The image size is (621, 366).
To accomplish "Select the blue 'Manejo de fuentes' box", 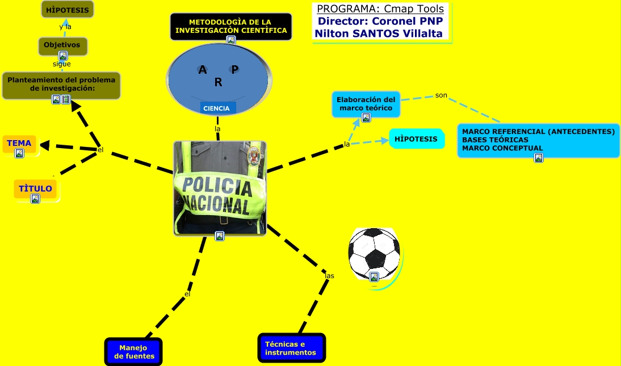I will point(134,352).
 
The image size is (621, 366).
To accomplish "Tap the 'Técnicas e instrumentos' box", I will point(292,348).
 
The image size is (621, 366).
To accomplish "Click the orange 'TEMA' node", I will point(19,144).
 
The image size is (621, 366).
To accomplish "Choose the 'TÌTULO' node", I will point(35,189).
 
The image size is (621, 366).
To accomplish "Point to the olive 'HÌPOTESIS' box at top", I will point(67,10).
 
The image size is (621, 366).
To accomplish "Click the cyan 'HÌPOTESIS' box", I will point(416,138).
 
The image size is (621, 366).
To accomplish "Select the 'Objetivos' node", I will point(62,45).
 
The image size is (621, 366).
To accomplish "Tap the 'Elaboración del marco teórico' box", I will point(366,104).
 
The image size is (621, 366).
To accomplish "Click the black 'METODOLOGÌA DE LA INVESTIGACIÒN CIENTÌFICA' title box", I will point(231,26).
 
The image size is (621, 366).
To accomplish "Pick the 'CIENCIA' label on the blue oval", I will point(216,108).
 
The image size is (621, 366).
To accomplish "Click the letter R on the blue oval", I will point(218,83).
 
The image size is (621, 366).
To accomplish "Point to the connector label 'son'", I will point(441,95).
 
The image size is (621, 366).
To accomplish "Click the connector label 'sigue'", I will point(62,64).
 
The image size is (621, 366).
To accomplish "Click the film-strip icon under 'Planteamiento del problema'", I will point(66,99).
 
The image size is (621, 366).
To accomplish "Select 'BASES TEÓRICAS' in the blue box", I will point(495,140).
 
